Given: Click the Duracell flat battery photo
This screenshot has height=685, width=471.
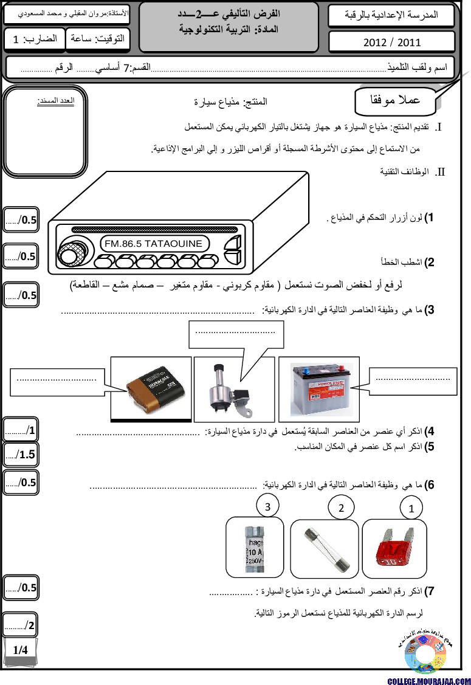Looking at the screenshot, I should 151,388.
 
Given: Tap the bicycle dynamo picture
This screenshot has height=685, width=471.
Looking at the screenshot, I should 230,391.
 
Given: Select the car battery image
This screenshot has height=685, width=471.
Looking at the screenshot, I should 321,389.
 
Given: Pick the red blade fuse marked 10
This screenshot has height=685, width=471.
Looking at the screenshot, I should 394,547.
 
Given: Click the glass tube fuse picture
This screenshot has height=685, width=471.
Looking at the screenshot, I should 325,549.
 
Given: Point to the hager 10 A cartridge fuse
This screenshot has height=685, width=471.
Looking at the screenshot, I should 255,547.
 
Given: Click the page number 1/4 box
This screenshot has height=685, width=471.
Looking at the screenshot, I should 21,650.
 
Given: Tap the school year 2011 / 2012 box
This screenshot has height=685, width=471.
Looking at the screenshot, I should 391,42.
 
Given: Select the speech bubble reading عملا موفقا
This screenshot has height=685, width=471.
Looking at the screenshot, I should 396,100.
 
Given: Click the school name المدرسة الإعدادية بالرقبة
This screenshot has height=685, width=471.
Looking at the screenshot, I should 391,15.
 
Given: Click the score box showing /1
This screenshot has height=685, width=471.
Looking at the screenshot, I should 21,430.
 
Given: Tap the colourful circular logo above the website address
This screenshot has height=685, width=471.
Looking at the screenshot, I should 425,655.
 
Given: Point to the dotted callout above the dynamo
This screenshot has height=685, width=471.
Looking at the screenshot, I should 236,334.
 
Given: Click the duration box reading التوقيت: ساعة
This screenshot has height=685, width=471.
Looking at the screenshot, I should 97,39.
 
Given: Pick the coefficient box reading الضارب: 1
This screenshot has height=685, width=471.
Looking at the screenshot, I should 34,39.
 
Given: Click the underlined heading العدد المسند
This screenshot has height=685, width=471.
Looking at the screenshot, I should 55,100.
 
